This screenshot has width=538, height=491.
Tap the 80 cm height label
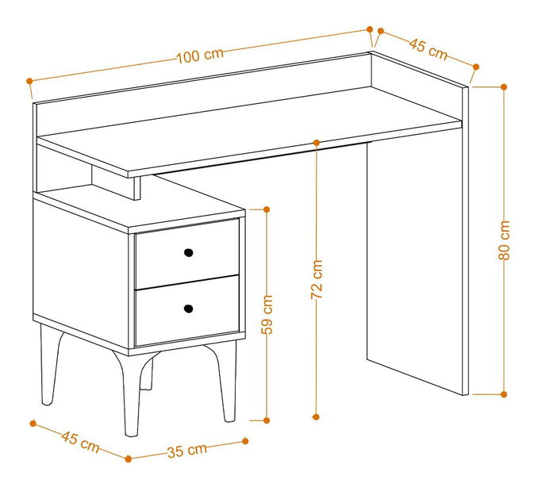(x=504, y=240)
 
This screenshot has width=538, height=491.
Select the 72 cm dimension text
(x=317, y=279)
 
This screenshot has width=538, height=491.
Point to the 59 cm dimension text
(x=267, y=314)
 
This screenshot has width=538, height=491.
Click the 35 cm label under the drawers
(x=187, y=451)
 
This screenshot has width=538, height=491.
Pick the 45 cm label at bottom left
(x=80, y=442)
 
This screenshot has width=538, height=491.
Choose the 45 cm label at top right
(x=428, y=49)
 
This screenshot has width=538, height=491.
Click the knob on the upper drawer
(x=188, y=253)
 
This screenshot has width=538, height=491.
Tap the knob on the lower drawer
(x=188, y=309)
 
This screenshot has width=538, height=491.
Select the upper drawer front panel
(x=187, y=254)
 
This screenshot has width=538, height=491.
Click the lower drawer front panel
(x=187, y=310)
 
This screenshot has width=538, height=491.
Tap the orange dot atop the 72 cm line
(x=317, y=142)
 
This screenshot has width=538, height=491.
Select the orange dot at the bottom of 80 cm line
(x=504, y=394)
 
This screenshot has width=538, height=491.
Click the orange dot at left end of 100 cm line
(x=29, y=81)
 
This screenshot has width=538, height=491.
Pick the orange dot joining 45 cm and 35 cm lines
(x=129, y=458)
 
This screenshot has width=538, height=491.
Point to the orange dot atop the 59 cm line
(x=267, y=209)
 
